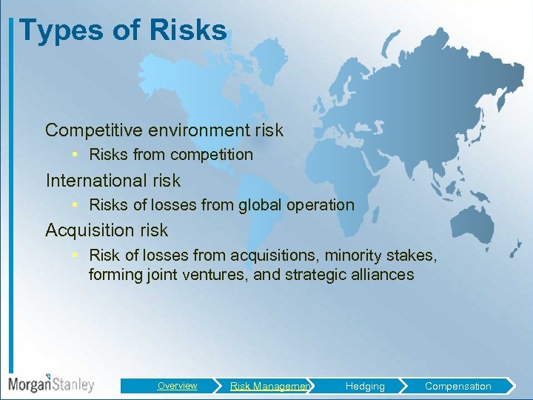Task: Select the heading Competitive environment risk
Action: (x=164, y=130)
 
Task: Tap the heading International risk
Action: (x=113, y=180)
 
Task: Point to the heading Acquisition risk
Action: (x=107, y=230)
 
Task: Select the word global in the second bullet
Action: (x=266, y=205)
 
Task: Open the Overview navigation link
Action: (x=177, y=386)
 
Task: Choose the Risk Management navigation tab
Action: (x=269, y=386)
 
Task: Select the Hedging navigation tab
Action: (x=365, y=386)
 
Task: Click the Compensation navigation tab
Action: (x=457, y=386)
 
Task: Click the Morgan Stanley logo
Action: (x=51, y=384)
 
